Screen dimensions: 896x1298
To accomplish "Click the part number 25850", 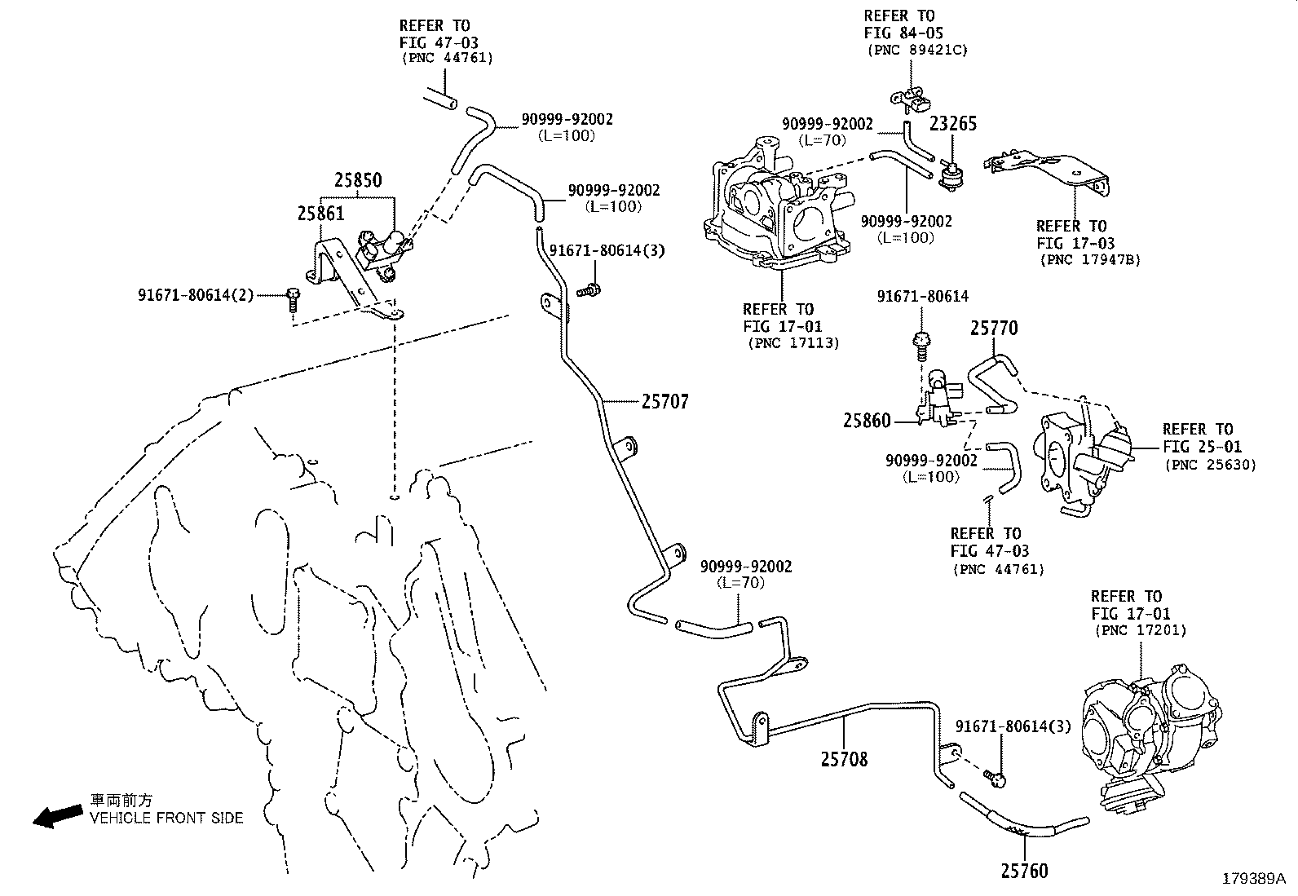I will click(357, 180).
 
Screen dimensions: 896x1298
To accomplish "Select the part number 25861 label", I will click(320, 214).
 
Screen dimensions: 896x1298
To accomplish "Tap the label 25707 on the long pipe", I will click(664, 401).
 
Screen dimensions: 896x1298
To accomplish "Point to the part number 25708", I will click(844, 759).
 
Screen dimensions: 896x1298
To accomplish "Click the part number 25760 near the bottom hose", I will click(1024, 872).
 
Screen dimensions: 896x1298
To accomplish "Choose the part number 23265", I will click(953, 123).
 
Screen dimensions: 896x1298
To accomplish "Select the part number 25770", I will click(994, 329).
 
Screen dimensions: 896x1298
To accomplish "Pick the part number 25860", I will click(867, 421).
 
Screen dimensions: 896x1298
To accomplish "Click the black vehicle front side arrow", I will click(56, 816).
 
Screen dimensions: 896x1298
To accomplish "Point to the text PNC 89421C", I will click(916, 50).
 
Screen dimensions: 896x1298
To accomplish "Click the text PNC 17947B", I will click(1090, 260).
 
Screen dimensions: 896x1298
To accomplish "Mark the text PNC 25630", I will click(1211, 465).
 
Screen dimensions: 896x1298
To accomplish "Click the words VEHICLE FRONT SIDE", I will click(166, 818).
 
